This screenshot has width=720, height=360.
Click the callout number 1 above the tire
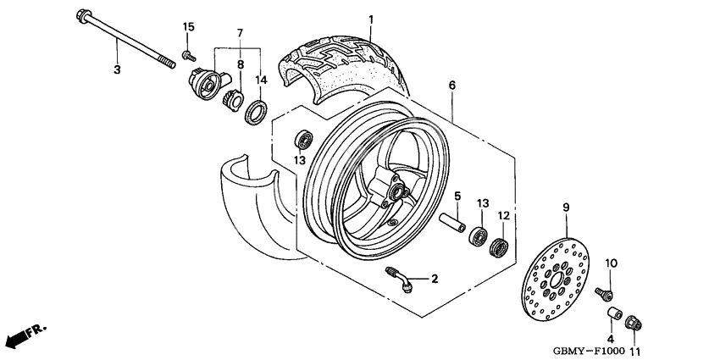tap(369, 19)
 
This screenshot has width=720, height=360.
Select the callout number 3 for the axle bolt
tap(118, 69)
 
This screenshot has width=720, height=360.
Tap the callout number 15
tap(188, 28)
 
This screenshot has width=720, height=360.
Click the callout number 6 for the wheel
tap(451, 86)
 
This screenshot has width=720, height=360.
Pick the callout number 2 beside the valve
tap(434, 279)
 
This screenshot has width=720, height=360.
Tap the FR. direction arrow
tap(25, 335)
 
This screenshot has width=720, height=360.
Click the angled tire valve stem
tap(401, 279)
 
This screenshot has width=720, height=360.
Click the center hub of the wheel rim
tap(390, 191)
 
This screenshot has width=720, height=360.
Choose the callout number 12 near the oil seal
tap(502, 217)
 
